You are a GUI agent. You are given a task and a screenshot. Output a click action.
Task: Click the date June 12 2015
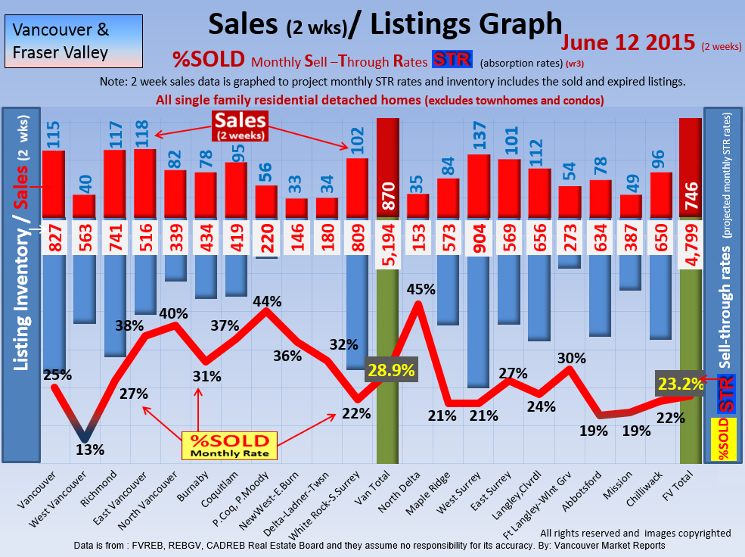coord(628,42)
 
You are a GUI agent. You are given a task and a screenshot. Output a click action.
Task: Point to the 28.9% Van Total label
coord(391,371)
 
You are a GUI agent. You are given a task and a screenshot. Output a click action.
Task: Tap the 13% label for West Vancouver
coord(90,450)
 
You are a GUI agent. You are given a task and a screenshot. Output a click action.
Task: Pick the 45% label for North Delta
coord(421,288)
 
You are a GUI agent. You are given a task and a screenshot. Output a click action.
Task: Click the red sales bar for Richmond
coord(113,184)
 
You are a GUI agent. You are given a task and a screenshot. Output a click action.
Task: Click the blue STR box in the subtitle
coord(451,59)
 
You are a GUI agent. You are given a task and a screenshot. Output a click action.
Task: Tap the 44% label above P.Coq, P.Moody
coord(267,301)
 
